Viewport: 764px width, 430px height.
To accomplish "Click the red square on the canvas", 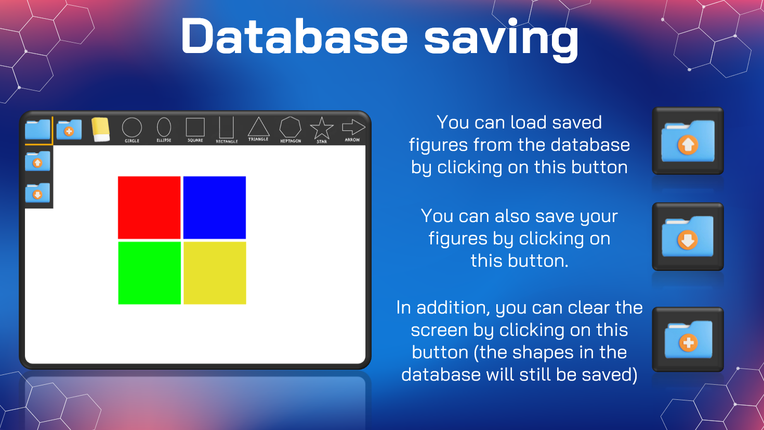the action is (149, 207).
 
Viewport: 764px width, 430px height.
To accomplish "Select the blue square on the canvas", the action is (215, 207).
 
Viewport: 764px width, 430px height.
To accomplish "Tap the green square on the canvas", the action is (149, 273).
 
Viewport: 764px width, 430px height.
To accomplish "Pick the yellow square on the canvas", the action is (215, 273).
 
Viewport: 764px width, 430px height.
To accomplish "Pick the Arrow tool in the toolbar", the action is (353, 129).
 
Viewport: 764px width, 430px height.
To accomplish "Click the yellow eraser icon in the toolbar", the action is (101, 129).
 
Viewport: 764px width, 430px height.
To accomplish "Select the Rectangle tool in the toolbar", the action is (227, 129).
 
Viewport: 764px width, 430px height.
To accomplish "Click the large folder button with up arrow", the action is (688, 141).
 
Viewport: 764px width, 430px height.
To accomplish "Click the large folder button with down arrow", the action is (688, 237).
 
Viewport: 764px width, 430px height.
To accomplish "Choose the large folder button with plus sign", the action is (688, 340).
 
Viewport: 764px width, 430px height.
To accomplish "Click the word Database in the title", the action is (294, 36).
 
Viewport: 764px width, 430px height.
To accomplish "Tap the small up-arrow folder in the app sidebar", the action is (37, 161).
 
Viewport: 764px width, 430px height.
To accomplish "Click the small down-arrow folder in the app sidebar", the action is (37, 193).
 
